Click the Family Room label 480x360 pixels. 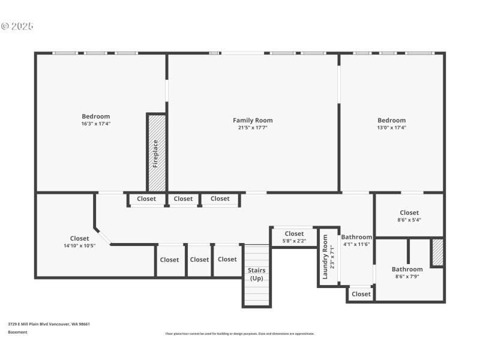[253, 121]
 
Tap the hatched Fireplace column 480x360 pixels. [156, 153]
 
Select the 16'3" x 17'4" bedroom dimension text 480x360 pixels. [96, 124]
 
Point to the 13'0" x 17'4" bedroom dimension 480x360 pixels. [391, 127]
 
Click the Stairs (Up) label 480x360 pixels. [257, 274]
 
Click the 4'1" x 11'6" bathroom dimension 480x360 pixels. [356, 244]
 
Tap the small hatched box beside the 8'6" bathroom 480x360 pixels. [437, 252]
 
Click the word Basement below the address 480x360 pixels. [17, 332]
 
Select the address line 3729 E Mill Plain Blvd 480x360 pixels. [49, 324]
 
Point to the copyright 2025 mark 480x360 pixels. [17, 26]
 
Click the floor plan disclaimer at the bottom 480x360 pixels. [239, 334]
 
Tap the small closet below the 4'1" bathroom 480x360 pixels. [361, 294]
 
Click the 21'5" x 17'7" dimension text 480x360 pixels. [253, 127]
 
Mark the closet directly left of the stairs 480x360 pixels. [227, 259]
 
